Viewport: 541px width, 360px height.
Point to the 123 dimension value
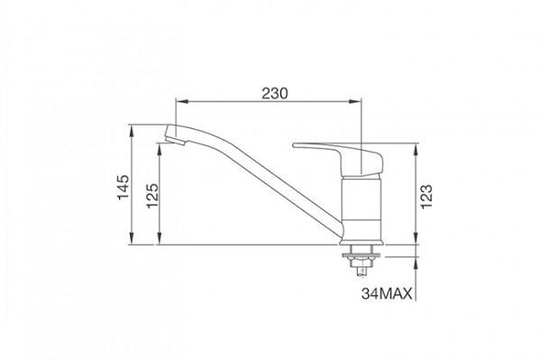coord(427,193)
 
